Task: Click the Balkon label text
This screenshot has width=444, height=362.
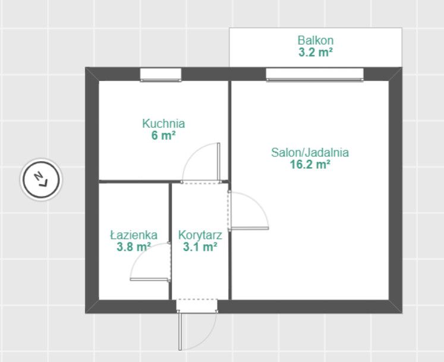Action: pos(316,40)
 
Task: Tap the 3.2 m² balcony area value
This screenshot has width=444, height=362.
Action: pos(316,52)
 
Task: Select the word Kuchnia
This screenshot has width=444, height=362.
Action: pos(163,124)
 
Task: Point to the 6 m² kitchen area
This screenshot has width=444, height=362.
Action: pos(163,136)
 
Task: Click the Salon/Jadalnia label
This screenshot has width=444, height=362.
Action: pos(310,152)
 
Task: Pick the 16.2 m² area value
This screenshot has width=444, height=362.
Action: pos(310,164)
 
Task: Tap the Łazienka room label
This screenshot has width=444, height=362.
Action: pos(134,235)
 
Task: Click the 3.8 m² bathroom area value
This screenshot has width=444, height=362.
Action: pos(134,247)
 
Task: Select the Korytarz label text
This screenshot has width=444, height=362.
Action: pos(200,235)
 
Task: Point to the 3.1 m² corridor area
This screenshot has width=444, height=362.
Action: pos(200,247)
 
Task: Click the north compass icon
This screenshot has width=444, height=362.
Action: pos(42,180)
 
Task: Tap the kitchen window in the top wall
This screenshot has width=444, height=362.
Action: pos(160,75)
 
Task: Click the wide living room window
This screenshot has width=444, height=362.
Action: pos(314,74)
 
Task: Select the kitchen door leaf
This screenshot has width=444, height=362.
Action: pos(218,162)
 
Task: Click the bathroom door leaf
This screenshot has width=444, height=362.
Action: pos(149,279)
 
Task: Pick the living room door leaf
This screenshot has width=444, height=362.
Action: pos(250,228)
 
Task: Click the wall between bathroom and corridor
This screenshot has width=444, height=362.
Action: pos(171,241)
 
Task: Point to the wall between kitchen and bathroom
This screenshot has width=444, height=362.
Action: pos(134,181)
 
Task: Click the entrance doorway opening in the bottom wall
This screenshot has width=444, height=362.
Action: pos(197,306)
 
